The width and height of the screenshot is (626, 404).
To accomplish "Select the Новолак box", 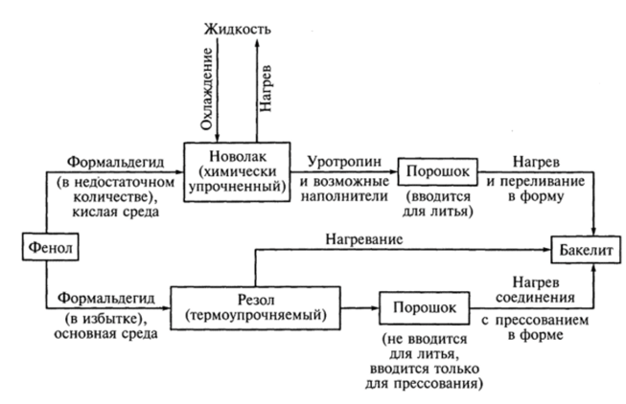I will pyautogui.click(x=246, y=170).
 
